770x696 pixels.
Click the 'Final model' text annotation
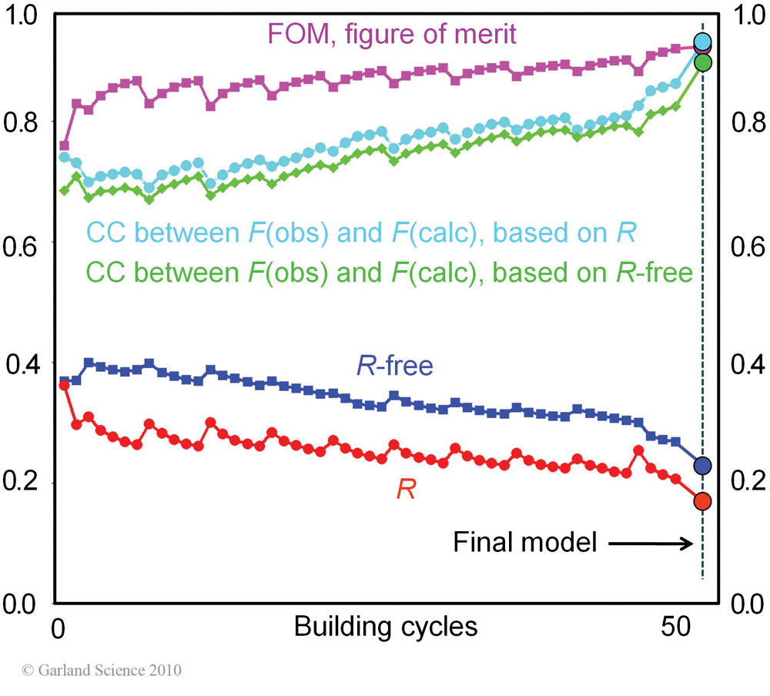525,543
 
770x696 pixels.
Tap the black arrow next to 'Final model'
651,544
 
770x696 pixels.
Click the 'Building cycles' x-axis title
385,627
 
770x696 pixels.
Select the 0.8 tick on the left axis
22,123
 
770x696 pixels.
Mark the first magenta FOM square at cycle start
64,146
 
